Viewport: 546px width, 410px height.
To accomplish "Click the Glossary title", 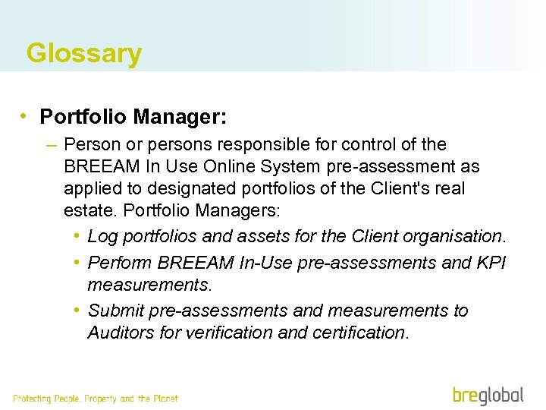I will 83,54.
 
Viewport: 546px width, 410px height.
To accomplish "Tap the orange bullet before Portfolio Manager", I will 25,117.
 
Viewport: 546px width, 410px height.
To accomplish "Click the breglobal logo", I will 488,396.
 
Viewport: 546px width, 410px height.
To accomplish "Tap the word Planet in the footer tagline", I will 165,399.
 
